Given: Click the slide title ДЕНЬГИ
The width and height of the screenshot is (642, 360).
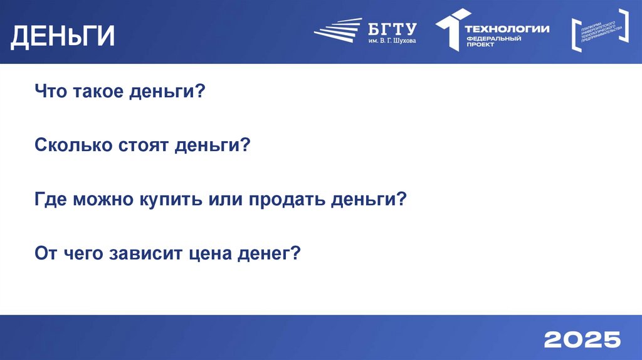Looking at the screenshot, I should click(x=63, y=36).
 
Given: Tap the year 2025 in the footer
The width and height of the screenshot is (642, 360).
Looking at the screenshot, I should click(x=582, y=340).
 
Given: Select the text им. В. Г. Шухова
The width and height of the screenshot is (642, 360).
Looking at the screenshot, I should click(x=392, y=41).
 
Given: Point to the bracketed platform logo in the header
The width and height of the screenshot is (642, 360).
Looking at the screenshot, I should click(x=599, y=29).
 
